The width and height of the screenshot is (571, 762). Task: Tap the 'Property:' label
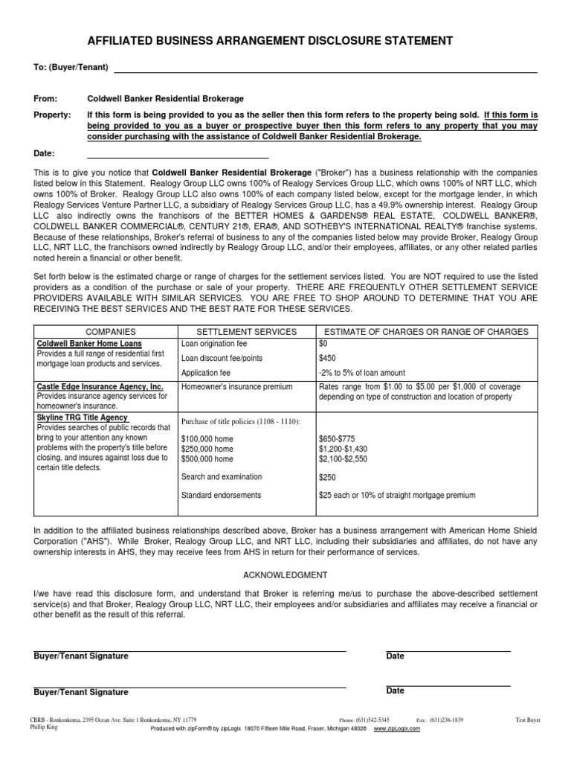pyautogui.click(x=52, y=115)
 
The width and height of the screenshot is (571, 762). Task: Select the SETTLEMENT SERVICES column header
pyautogui.click(x=246, y=331)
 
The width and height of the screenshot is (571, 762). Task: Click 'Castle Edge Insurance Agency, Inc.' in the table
pyautogui.click(x=100, y=388)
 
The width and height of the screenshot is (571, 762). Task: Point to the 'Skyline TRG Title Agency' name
pyautogui.click(x=82, y=418)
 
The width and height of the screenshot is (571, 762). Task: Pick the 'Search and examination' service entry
pyautogui.click(x=221, y=476)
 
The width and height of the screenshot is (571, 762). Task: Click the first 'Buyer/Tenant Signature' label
pyautogui.click(x=81, y=656)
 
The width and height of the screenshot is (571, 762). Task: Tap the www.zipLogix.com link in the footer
pyautogui.click(x=397, y=729)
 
